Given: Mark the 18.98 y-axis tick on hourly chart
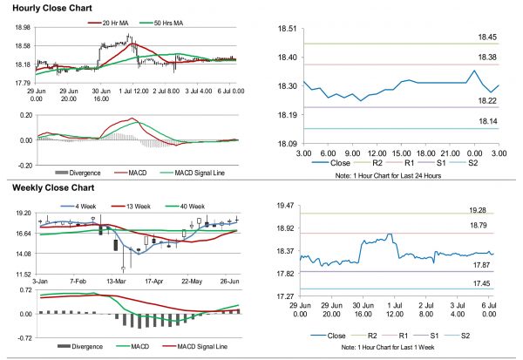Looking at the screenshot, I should pos(23,27).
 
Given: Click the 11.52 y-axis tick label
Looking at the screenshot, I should pos(23,274).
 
